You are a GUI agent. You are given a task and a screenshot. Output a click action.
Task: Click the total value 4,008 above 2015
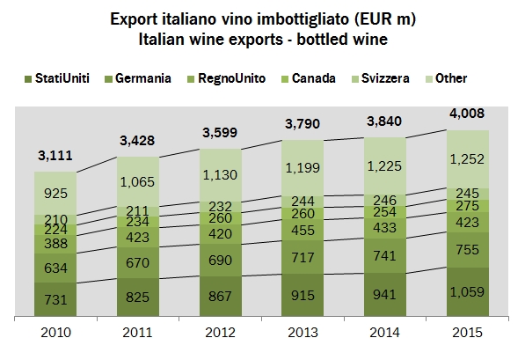click(469, 113)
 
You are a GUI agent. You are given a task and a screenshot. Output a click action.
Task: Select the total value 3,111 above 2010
click(55, 156)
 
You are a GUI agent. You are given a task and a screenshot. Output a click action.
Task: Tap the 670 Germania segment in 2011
click(138, 263)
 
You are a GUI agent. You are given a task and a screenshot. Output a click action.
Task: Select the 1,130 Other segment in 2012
click(221, 173)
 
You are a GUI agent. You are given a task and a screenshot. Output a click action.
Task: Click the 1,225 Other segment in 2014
click(386, 164)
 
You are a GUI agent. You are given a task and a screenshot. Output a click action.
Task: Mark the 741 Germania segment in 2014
click(386, 255)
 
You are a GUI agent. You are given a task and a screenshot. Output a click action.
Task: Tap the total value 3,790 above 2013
click(303, 121)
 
